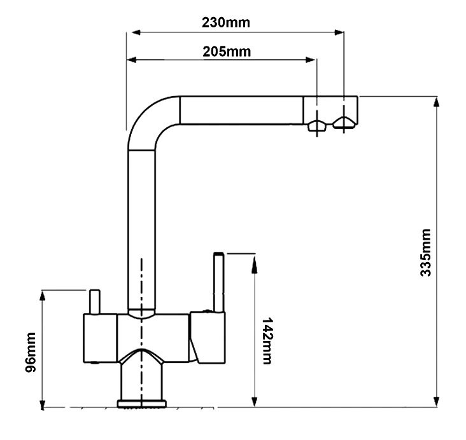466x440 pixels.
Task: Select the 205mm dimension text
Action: (226, 51)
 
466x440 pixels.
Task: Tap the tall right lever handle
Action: (218, 280)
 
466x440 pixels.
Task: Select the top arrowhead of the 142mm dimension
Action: (255, 258)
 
